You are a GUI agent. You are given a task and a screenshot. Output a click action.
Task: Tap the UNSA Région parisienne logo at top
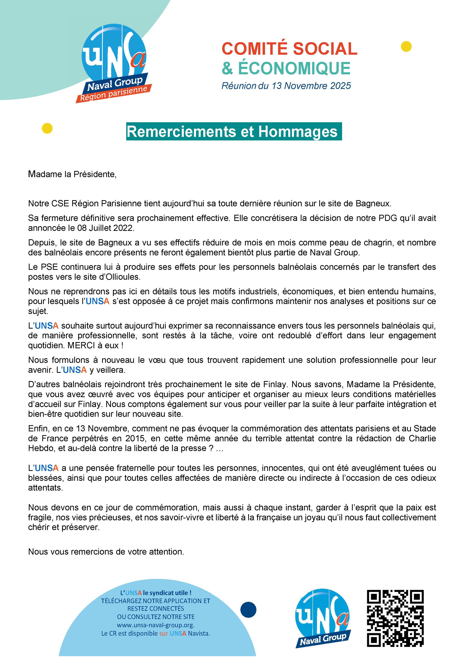(x=114, y=63)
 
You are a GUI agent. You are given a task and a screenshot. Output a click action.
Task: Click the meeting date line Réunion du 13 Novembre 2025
(x=286, y=86)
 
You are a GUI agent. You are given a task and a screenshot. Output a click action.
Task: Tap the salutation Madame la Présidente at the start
(x=72, y=174)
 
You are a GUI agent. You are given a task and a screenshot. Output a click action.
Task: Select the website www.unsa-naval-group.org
(x=156, y=625)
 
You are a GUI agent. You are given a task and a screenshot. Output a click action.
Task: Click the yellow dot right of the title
(x=406, y=46)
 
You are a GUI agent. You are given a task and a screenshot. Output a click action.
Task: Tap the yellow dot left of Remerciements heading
(x=47, y=128)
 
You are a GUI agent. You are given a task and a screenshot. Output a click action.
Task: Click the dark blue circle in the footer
(x=248, y=609)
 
